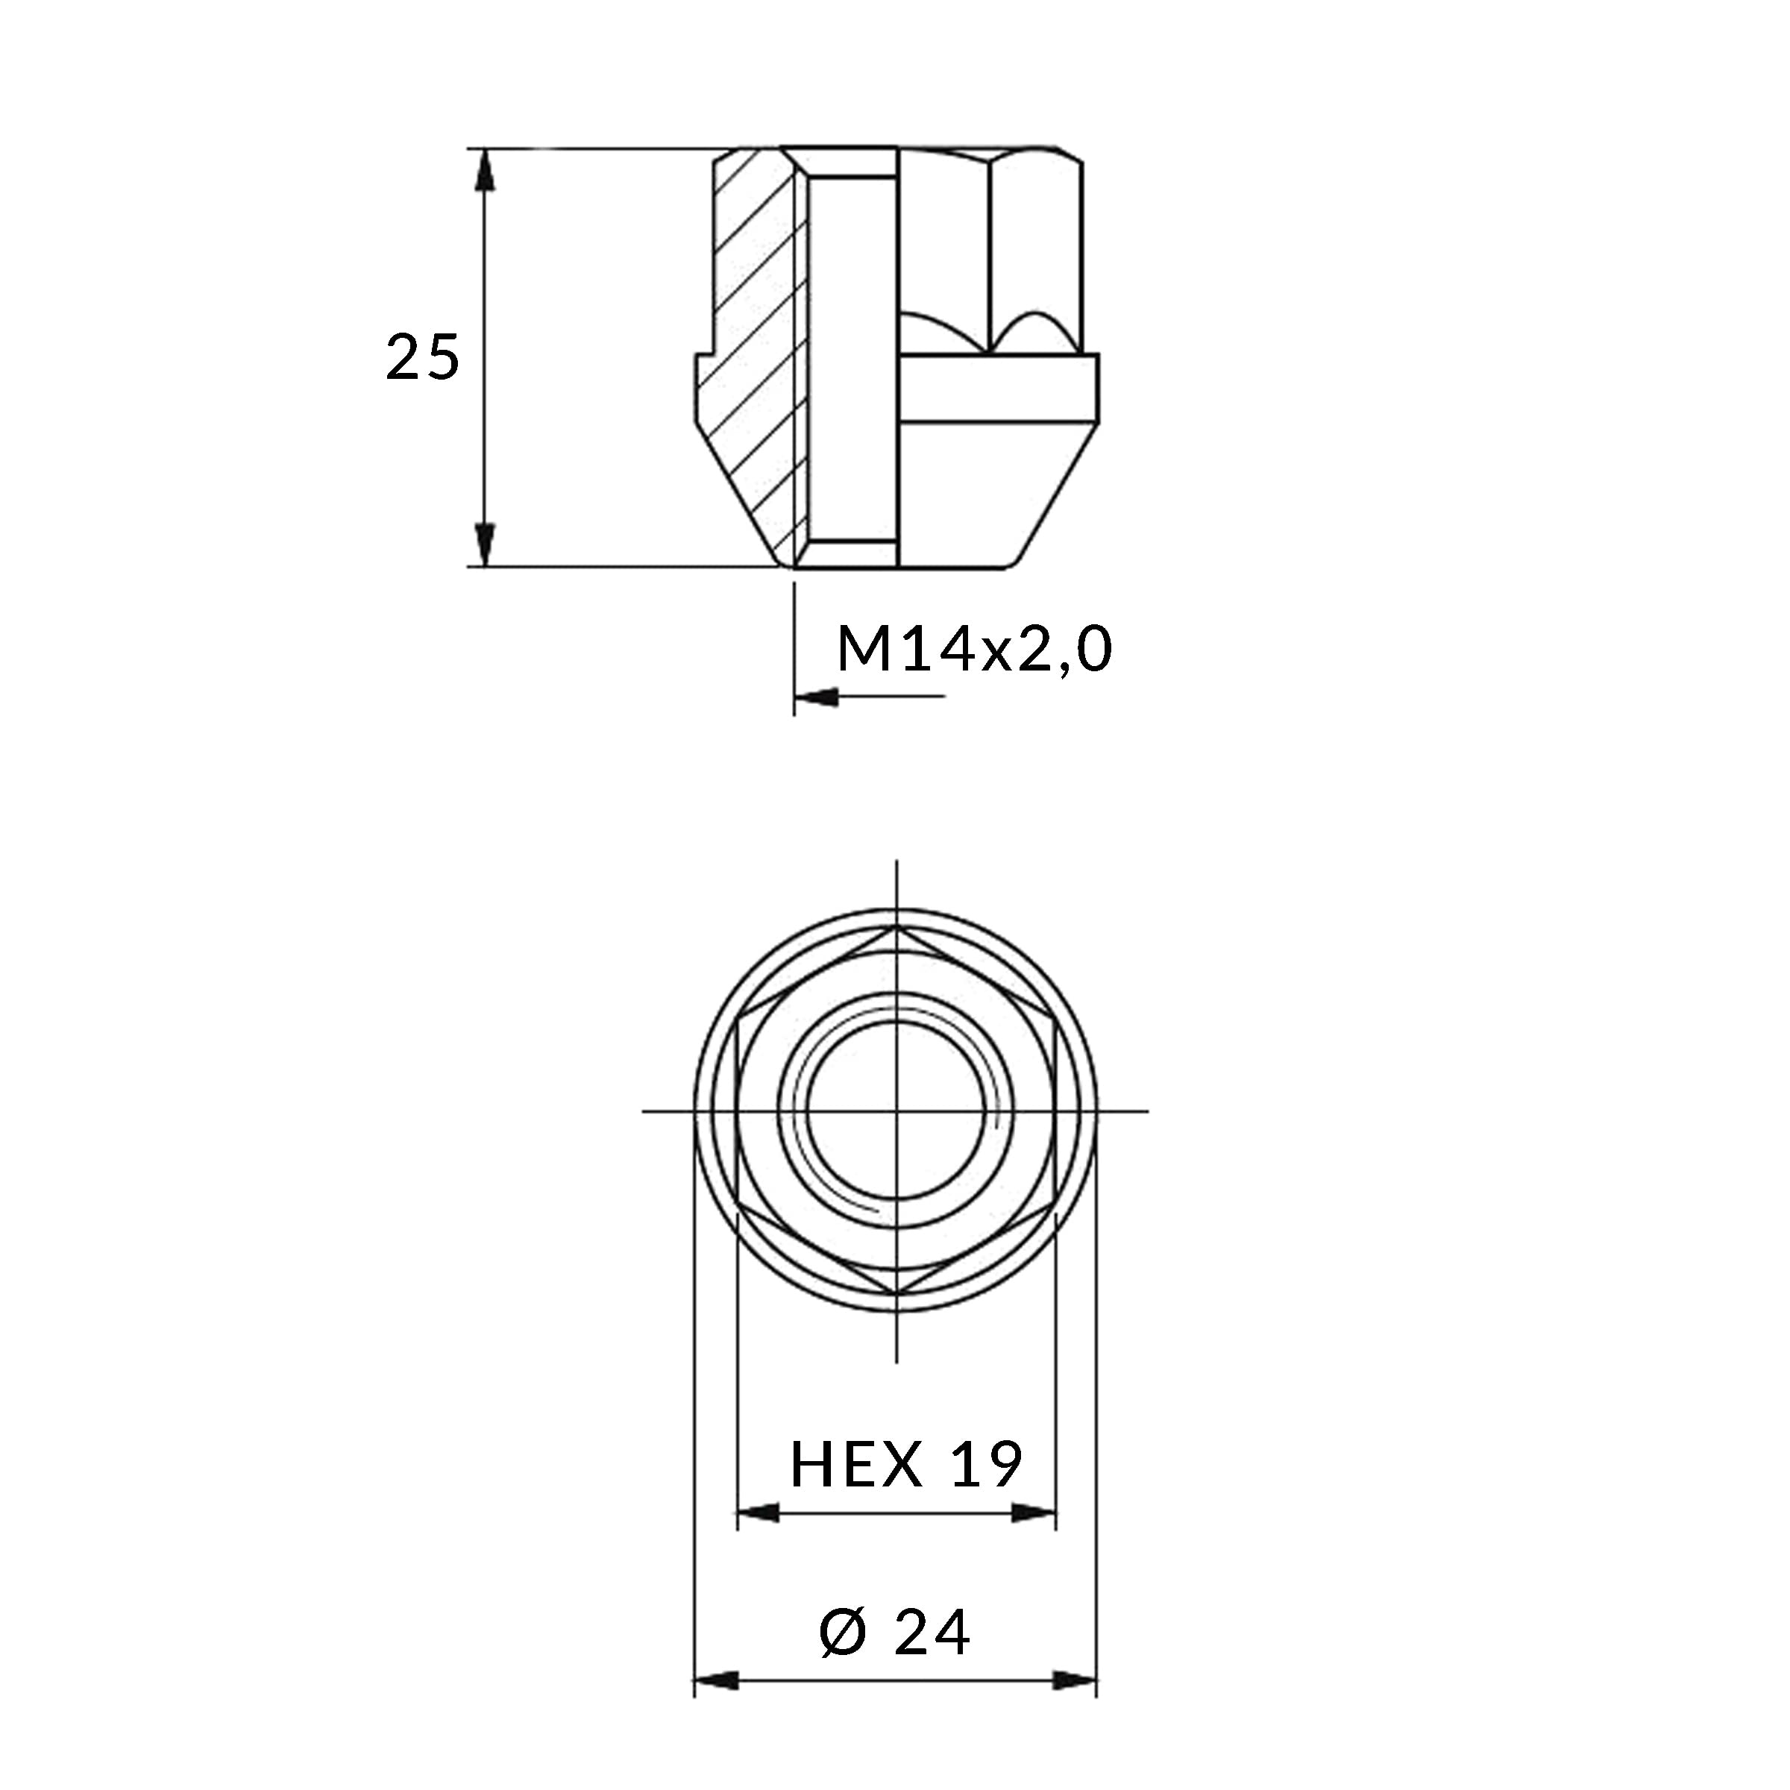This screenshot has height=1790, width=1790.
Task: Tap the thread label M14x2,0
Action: point(974,650)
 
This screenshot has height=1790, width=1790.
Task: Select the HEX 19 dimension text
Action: point(906,1465)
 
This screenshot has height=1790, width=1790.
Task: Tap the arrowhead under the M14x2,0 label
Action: point(816,696)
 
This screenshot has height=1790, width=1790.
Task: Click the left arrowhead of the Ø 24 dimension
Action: point(717,1706)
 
